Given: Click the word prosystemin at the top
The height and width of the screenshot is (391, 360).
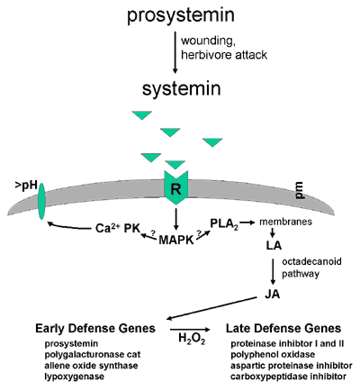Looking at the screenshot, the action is pyautogui.click(x=181, y=15).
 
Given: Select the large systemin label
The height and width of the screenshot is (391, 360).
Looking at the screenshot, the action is pyautogui.click(x=182, y=88).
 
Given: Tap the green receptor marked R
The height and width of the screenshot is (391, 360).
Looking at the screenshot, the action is pyautogui.click(x=175, y=188).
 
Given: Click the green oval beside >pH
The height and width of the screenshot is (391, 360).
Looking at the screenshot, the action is pyautogui.click(x=41, y=201).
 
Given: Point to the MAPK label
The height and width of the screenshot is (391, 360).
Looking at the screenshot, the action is pyautogui.click(x=176, y=240).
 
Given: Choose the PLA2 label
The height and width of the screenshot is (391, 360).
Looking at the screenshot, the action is pyautogui.click(x=224, y=224).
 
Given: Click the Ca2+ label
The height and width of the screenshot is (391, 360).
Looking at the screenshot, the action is pyautogui.click(x=108, y=228).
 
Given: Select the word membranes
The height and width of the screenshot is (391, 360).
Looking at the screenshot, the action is pyautogui.click(x=285, y=222).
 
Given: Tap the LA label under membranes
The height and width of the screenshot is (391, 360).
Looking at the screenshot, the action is pyautogui.click(x=274, y=245).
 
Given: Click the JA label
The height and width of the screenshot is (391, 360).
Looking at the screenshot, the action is pyautogui.click(x=273, y=294).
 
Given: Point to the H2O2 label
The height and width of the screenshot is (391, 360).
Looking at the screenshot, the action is pyautogui.click(x=192, y=339).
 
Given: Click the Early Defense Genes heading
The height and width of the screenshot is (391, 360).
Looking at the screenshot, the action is pyautogui.click(x=95, y=328).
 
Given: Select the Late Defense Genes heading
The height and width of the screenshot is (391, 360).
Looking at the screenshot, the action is pyautogui.click(x=283, y=328).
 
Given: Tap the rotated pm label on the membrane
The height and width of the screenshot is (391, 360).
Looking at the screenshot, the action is pyautogui.click(x=300, y=191).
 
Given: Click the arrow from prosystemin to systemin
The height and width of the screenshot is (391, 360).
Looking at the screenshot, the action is pyautogui.click(x=175, y=51).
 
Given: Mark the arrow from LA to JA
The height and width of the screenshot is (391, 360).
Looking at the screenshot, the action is pyautogui.click(x=273, y=271).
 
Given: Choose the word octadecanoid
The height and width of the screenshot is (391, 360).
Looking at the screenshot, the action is pyautogui.click(x=311, y=261).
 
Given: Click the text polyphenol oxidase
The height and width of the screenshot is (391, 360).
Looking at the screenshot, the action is pyautogui.click(x=273, y=355).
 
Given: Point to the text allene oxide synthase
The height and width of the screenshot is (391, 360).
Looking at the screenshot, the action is pyautogui.click(x=91, y=366).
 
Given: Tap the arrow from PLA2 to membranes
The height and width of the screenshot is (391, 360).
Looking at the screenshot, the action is pyautogui.click(x=247, y=223).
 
